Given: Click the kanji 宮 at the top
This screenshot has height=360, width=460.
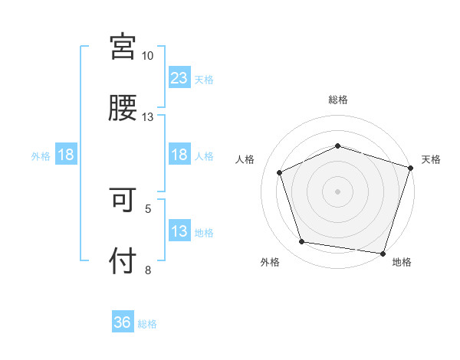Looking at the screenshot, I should coord(123,47).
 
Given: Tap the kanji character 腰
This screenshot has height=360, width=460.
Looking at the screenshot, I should coord(123,108).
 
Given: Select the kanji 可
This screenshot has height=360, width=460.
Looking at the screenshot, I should coord(123,201).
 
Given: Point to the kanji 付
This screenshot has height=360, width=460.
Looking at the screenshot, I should coord(123,261).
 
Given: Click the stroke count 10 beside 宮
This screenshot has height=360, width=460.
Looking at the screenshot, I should coord(148,56).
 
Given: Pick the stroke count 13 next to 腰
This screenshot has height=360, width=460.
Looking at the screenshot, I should coord(148,116).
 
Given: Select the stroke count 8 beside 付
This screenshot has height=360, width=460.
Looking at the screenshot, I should coord(148,270).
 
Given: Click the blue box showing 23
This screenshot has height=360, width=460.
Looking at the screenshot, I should coord(179,78).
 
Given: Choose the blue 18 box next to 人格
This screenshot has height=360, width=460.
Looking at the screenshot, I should coord(179,155).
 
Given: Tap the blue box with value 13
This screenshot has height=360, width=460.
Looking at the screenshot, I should coord(179,231).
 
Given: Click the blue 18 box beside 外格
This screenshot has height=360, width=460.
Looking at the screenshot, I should coord(66,155).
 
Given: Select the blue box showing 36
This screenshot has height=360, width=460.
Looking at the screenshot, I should coord(123,322).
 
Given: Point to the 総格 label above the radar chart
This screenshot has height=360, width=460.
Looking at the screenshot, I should coord(337,100).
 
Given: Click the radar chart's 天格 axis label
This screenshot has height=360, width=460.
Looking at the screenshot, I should coord(431,159).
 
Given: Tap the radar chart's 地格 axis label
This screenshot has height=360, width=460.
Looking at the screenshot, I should coord(402,262).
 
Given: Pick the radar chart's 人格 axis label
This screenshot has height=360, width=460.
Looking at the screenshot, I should coord(245,159).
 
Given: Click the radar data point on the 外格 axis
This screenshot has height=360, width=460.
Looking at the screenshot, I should coord(302,242).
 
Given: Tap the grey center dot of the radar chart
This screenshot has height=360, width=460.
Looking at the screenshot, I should coord(337,191).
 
